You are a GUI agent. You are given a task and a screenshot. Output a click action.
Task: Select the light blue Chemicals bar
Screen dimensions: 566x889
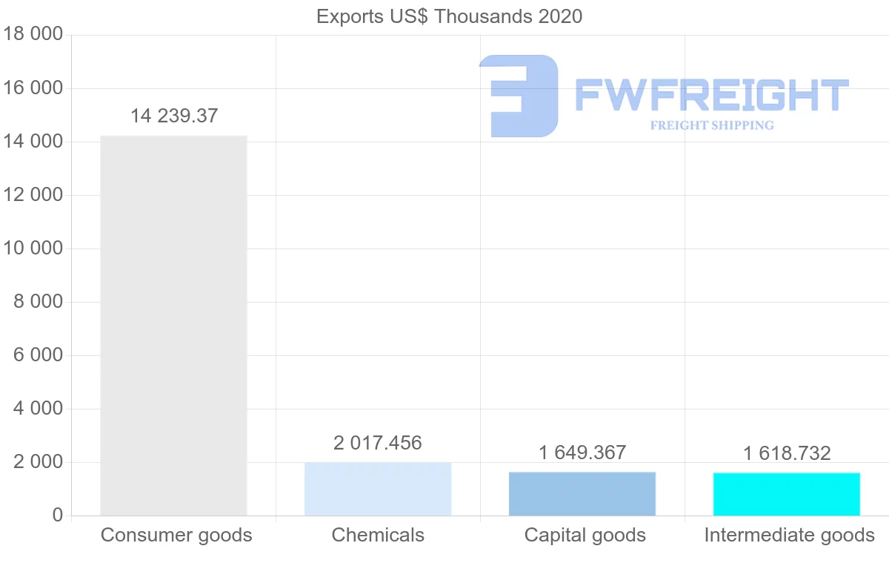(378, 489)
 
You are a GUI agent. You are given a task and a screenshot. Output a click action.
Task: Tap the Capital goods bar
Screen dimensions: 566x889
(582, 494)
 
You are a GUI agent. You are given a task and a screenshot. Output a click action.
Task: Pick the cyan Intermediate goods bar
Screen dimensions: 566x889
(787, 494)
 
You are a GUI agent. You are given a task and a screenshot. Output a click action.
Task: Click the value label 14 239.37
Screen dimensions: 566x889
(174, 116)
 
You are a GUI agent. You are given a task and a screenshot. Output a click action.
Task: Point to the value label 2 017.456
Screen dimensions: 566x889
(378, 444)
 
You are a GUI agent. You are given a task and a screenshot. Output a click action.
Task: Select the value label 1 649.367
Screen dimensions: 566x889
(582, 453)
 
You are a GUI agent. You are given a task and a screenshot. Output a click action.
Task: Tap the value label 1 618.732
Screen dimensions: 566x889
(787, 453)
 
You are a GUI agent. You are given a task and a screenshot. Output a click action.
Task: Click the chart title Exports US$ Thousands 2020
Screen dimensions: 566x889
(449, 16)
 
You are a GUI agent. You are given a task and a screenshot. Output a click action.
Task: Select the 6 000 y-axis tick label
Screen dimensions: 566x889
(39, 355)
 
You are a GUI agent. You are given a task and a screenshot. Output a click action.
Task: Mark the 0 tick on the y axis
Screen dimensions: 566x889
(57, 516)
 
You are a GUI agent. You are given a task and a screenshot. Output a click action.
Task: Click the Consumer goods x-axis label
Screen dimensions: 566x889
(176, 535)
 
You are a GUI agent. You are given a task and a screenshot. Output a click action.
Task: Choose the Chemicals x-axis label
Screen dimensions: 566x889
(378, 535)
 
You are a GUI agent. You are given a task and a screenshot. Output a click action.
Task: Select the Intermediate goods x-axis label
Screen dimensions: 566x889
(789, 535)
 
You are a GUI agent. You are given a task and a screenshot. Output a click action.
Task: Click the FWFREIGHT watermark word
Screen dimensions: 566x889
(711, 96)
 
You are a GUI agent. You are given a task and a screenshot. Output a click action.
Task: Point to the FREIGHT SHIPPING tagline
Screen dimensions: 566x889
(712, 125)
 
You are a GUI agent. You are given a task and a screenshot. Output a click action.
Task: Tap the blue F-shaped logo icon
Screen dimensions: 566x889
(519, 96)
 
